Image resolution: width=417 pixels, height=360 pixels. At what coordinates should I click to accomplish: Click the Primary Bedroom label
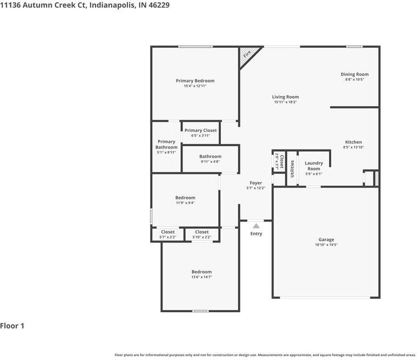(x=195, y=81)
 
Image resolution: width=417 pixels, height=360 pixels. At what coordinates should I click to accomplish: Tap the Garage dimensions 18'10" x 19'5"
(x=326, y=245)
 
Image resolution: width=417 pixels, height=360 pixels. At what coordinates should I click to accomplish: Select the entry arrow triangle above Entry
(x=256, y=225)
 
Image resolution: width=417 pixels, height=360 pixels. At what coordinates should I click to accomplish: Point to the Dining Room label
(x=354, y=74)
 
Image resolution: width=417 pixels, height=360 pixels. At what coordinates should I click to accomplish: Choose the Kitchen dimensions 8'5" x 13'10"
(x=353, y=147)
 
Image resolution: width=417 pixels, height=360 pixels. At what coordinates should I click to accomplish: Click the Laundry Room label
(x=314, y=165)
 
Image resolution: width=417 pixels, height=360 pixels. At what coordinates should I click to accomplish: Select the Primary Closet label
(x=201, y=130)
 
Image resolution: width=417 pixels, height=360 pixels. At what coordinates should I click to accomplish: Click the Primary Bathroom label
(x=166, y=145)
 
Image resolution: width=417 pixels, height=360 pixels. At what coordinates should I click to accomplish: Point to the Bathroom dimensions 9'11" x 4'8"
(x=210, y=162)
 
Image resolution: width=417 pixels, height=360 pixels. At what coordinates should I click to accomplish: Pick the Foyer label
(x=256, y=182)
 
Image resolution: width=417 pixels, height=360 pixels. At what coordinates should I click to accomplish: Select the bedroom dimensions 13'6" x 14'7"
(x=201, y=277)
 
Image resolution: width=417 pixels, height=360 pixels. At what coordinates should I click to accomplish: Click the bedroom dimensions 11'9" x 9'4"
(x=185, y=203)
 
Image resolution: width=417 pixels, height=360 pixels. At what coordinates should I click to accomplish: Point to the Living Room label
(x=285, y=97)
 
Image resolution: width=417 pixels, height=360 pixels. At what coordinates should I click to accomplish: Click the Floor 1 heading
(x=12, y=326)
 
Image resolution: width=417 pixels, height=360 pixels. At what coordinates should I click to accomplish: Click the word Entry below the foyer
(x=256, y=234)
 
